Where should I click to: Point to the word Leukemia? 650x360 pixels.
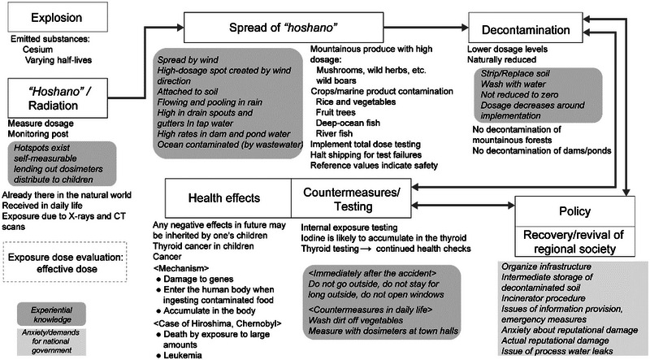206,353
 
